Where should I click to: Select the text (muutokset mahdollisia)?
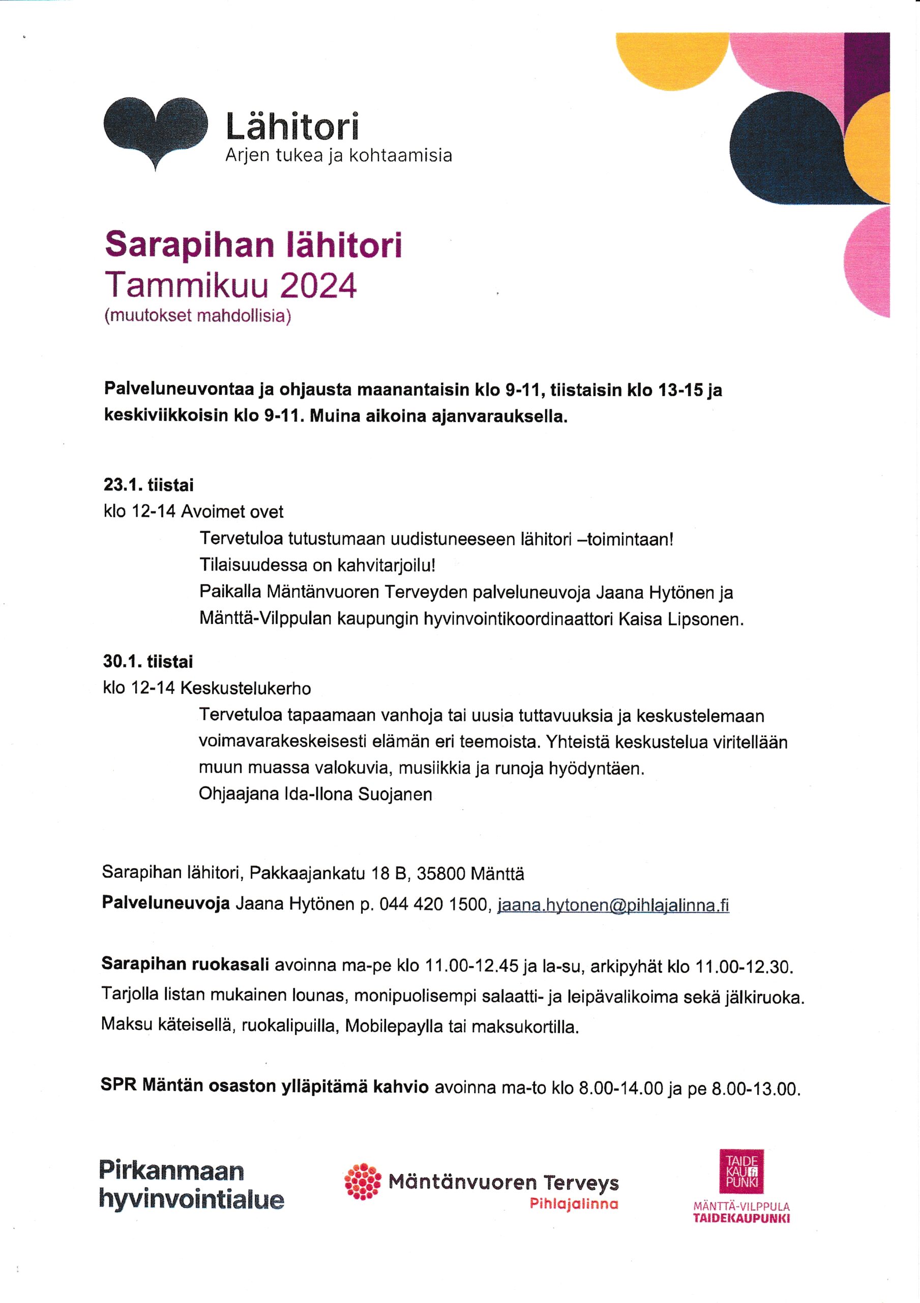coord(197,316)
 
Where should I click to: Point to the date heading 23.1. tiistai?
coord(149,485)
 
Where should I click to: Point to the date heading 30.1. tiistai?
coord(148,662)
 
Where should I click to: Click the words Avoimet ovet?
coord(232,512)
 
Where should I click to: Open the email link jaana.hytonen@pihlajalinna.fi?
coord(613,905)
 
